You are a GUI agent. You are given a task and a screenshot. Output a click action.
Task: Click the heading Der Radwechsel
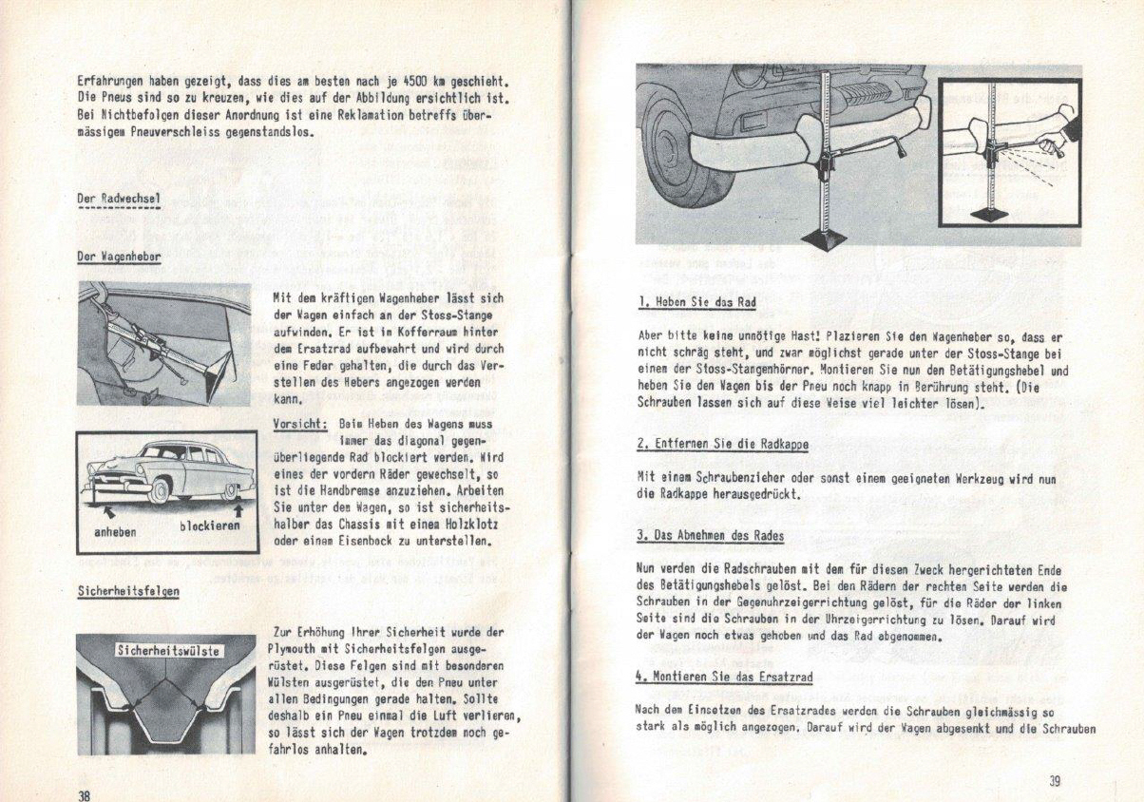pyautogui.click(x=118, y=198)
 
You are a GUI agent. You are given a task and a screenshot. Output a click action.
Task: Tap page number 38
pyautogui.click(x=84, y=794)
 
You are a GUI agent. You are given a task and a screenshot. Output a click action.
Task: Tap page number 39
pyautogui.click(x=1054, y=782)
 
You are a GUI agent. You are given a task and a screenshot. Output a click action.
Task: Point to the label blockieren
pyautogui.click(x=210, y=525)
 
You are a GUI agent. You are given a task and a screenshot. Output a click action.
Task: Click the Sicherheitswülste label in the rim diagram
pyautogui.click(x=168, y=651)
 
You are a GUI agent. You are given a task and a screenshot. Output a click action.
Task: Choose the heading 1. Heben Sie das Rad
pyautogui.click(x=696, y=303)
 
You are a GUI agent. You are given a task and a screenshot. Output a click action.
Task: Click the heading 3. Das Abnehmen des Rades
pyautogui.click(x=710, y=536)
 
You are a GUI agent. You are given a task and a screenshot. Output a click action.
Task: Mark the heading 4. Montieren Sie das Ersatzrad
pyautogui.click(x=723, y=677)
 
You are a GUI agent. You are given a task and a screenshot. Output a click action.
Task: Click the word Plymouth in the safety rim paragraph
pyautogui.click(x=301, y=648)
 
